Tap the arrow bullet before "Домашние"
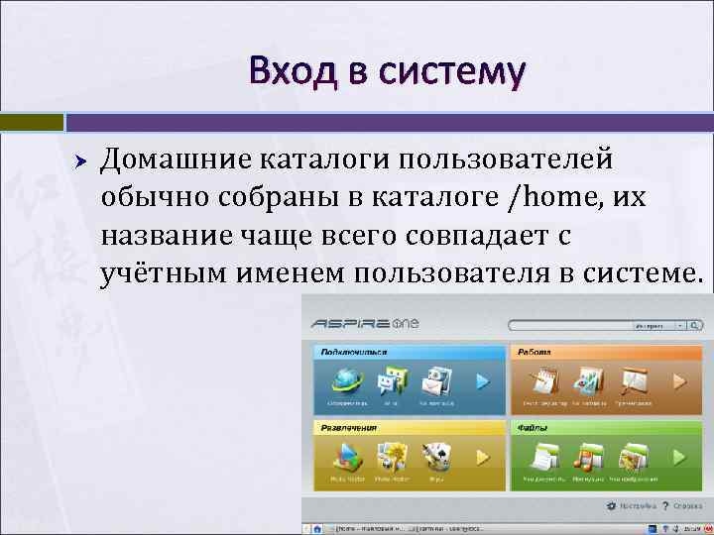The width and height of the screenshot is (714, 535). coord(82,160)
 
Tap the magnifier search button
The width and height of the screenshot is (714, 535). coord(698,324)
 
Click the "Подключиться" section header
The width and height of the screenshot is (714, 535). coord(353,352)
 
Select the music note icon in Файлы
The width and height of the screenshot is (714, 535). coord(587,457)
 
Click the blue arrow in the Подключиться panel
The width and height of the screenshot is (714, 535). coord(482,381)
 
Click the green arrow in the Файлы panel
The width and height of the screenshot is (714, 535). coord(679,457)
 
